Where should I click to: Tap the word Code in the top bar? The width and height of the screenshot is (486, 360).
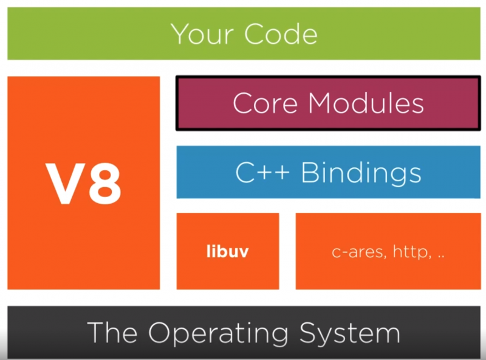point(281,33)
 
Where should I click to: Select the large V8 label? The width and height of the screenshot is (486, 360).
point(84,183)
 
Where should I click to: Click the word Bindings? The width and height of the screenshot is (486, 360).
point(361,173)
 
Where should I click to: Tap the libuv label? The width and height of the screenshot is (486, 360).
point(228,252)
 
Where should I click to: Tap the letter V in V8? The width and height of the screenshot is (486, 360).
point(64,183)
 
